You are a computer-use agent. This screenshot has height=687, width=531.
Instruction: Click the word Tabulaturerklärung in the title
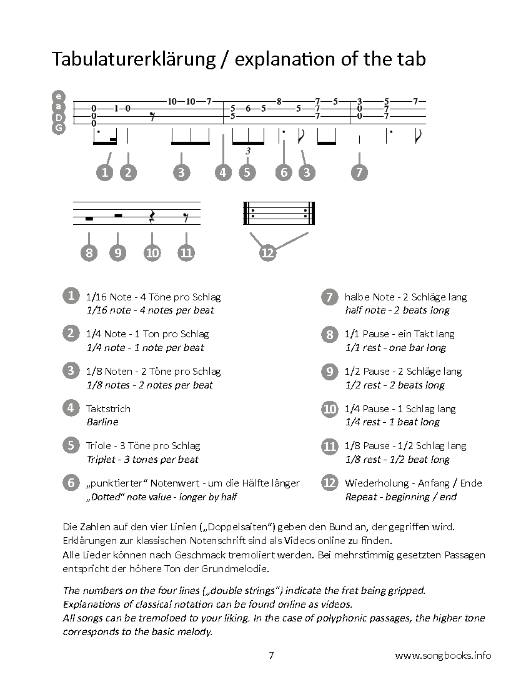pos(134,59)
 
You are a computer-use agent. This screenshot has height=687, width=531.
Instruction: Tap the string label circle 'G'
pos(58,128)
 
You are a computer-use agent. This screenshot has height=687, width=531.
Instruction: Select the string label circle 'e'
pos(58,96)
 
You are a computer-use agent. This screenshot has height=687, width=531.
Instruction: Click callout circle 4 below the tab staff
pos(223,172)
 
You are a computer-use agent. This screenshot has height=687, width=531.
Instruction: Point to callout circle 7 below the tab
pos(359,172)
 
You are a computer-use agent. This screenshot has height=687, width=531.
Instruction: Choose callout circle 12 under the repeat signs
pos(267,253)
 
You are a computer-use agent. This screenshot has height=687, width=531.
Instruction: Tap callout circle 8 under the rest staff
pos(89,253)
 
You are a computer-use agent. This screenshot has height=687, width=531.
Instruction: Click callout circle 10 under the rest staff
pos(152,253)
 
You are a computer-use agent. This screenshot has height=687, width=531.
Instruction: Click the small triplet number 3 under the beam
pos(248,151)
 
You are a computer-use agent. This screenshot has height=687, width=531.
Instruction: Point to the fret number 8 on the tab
pos(279,101)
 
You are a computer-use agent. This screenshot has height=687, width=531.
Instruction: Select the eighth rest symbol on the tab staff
pos(152,117)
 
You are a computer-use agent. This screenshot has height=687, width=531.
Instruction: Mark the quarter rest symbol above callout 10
pos(152,216)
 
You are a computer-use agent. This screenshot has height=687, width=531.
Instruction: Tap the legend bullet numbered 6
pos(71,482)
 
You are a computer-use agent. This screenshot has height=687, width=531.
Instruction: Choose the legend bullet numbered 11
pos(329,446)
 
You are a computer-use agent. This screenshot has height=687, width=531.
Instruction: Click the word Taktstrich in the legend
pos(108,409)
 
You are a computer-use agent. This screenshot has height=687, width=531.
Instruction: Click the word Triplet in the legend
pos(101,460)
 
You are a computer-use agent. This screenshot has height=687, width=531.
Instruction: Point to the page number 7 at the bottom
pos(271,655)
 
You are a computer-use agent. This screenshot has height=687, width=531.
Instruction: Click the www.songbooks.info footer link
pos(443,655)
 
